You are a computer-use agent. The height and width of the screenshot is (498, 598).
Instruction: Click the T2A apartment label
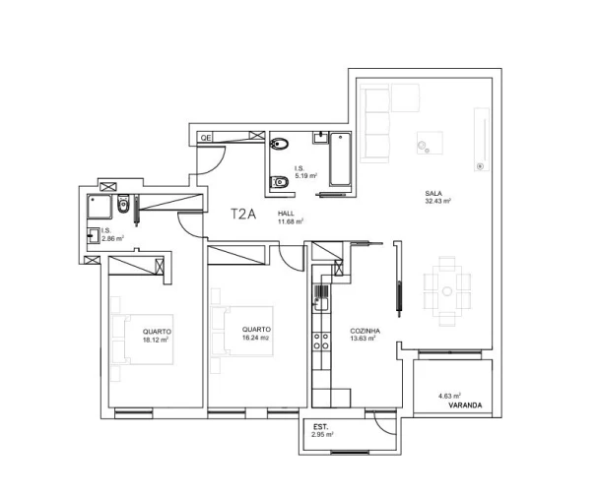pos(243,214)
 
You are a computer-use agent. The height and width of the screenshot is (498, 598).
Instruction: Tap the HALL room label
pos(286,213)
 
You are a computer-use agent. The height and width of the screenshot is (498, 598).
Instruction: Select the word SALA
pos(432,193)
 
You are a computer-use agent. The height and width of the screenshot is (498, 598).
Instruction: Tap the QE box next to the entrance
pos(206,138)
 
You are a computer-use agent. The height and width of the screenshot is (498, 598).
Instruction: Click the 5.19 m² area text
pos(305,175)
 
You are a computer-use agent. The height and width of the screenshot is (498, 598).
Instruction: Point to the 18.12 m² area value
pos(157,340)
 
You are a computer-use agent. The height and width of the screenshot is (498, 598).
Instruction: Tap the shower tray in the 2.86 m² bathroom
pos(99,207)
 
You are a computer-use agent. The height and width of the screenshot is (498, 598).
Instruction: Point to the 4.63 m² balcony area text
pos(449,396)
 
